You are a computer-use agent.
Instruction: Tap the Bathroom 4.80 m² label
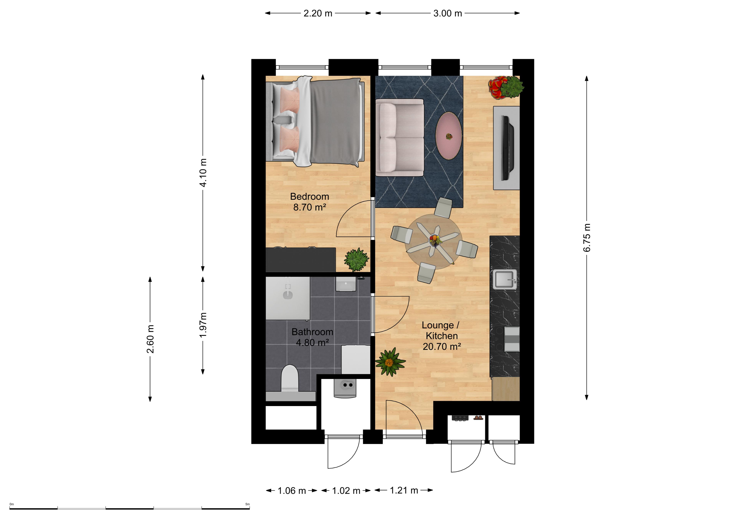click(312, 337)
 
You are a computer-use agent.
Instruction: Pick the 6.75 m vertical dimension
click(587, 238)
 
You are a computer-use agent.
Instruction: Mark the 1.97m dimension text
click(203, 325)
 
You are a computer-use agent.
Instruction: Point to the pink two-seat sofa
click(400, 137)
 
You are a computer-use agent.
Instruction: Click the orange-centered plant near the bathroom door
click(389, 362)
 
